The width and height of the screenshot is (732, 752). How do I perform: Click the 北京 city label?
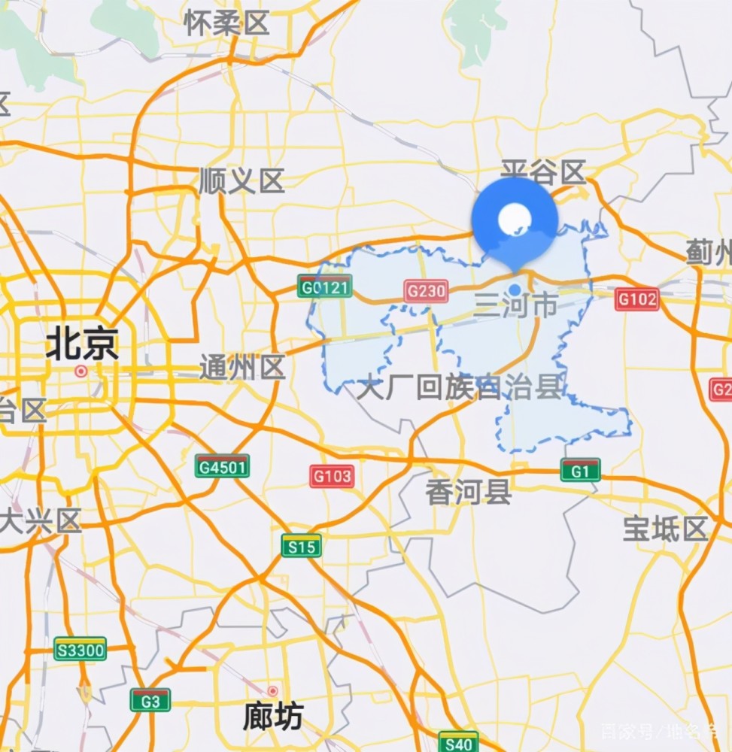[x=82, y=345]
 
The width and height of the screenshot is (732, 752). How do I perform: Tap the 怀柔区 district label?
[x=226, y=23]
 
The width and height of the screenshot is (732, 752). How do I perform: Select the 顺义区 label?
[x=241, y=181]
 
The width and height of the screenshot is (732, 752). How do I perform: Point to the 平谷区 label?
[x=543, y=172]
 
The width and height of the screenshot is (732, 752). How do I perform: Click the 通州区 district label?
[x=242, y=368]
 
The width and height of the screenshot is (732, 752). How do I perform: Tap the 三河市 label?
[x=515, y=305]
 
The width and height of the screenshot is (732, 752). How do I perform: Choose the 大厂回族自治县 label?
[x=460, y=388]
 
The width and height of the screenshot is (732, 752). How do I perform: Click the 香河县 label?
[x=469, y=493]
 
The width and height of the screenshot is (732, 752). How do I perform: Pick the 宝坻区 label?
[x=666, y=529]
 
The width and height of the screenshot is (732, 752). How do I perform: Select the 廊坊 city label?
[x=272, y=717]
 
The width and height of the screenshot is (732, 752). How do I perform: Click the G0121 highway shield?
[x=324, y=287]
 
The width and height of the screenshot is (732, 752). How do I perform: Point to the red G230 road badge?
[x=426, y=291]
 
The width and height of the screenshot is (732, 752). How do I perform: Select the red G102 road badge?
[x=636, y=299]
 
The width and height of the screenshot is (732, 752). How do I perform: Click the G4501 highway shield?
[x=222, y=466]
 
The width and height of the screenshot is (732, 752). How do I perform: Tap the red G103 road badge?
[x=332, y=475]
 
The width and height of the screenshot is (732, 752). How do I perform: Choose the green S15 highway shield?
[x=302, y=546]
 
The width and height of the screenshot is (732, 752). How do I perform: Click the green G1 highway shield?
[x=580, y=470]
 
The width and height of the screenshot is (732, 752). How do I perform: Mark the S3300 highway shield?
[x=80, y=648]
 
